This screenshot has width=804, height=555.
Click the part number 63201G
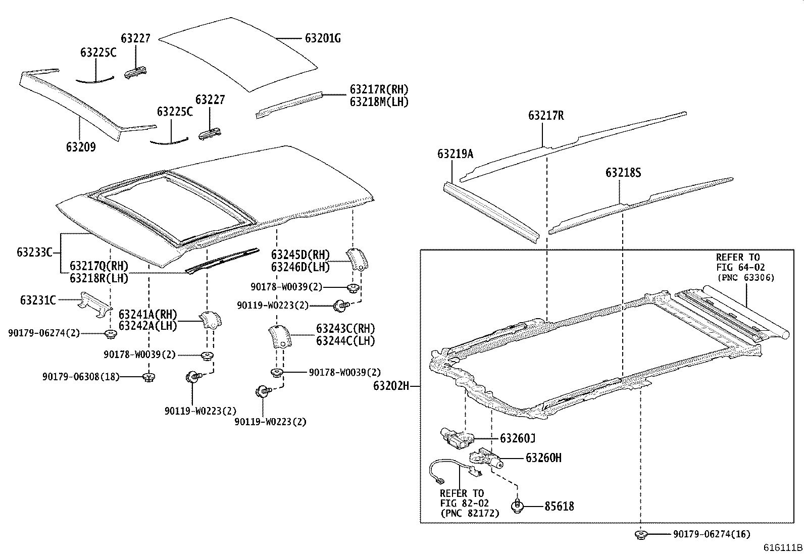323,38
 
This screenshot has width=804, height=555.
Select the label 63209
80,147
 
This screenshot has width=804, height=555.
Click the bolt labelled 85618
517,506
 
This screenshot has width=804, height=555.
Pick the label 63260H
543,458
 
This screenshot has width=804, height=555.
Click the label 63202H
391,386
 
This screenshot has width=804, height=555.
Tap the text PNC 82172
470,514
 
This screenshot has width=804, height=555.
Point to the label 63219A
455,154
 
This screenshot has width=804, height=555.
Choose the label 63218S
623,173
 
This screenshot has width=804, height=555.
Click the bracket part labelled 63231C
94,305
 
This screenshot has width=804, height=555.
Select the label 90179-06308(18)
81,376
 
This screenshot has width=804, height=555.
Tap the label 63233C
34,252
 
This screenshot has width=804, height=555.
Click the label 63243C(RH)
345,329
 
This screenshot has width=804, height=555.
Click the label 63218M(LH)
379,102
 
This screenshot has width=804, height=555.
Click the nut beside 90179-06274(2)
110,334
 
